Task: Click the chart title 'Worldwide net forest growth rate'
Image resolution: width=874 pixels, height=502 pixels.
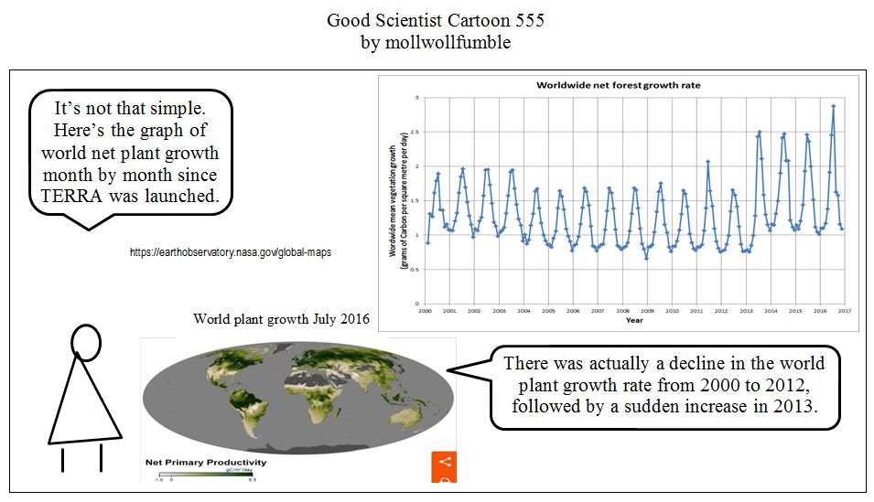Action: click(x=618, y=85)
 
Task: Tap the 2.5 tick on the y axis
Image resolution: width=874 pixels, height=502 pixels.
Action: click(x=416, y=132)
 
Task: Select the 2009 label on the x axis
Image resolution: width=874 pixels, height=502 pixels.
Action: click(x=648, y=311)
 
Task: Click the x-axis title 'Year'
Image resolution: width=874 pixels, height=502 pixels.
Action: click(x=633, y=320)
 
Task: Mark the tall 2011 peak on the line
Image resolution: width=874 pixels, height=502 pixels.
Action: click(x=707, y=162)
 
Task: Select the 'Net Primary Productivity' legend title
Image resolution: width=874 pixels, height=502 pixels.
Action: click(x=206, y=462)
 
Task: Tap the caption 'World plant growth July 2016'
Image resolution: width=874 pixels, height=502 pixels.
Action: click(x=281, y=319)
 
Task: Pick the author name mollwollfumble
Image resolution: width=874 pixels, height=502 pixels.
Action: click(x=446, y=42)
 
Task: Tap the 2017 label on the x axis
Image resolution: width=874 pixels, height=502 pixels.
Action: click(x=844, y=311)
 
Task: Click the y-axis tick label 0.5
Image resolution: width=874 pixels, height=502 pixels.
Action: click(x=415, y=270)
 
